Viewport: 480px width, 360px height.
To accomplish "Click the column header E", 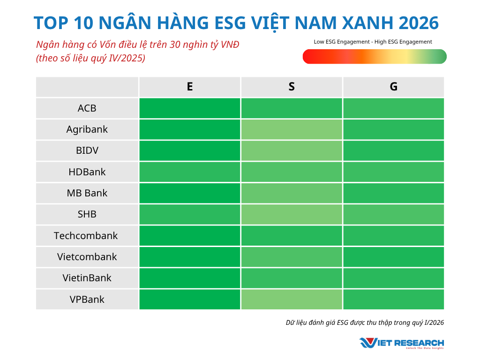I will pos(189,87).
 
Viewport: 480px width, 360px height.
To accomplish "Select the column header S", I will pos(292,87).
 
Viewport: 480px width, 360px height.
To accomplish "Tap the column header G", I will pos(393,87).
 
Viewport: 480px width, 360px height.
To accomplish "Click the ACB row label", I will pos(87,108).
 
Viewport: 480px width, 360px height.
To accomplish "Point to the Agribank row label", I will pos(87,129).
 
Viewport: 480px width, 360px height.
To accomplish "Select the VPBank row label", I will pos(87,299).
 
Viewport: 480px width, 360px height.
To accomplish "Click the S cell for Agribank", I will pos(292,129).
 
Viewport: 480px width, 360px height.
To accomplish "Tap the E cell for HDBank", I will pos(189,172).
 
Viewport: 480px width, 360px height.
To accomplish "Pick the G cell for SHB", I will pos(393,214).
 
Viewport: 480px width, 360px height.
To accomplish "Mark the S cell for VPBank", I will pos(292,299).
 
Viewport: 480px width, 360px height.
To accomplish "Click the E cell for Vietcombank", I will pos(189,256).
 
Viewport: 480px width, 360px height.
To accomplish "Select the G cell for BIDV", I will pos(393,150).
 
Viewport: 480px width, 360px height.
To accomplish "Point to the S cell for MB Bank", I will pos(292,193).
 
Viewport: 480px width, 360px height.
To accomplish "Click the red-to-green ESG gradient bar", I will pos(375,57).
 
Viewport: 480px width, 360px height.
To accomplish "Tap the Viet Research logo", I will pos(402,343).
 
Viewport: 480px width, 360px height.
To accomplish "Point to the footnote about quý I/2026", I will pos(365,322).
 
